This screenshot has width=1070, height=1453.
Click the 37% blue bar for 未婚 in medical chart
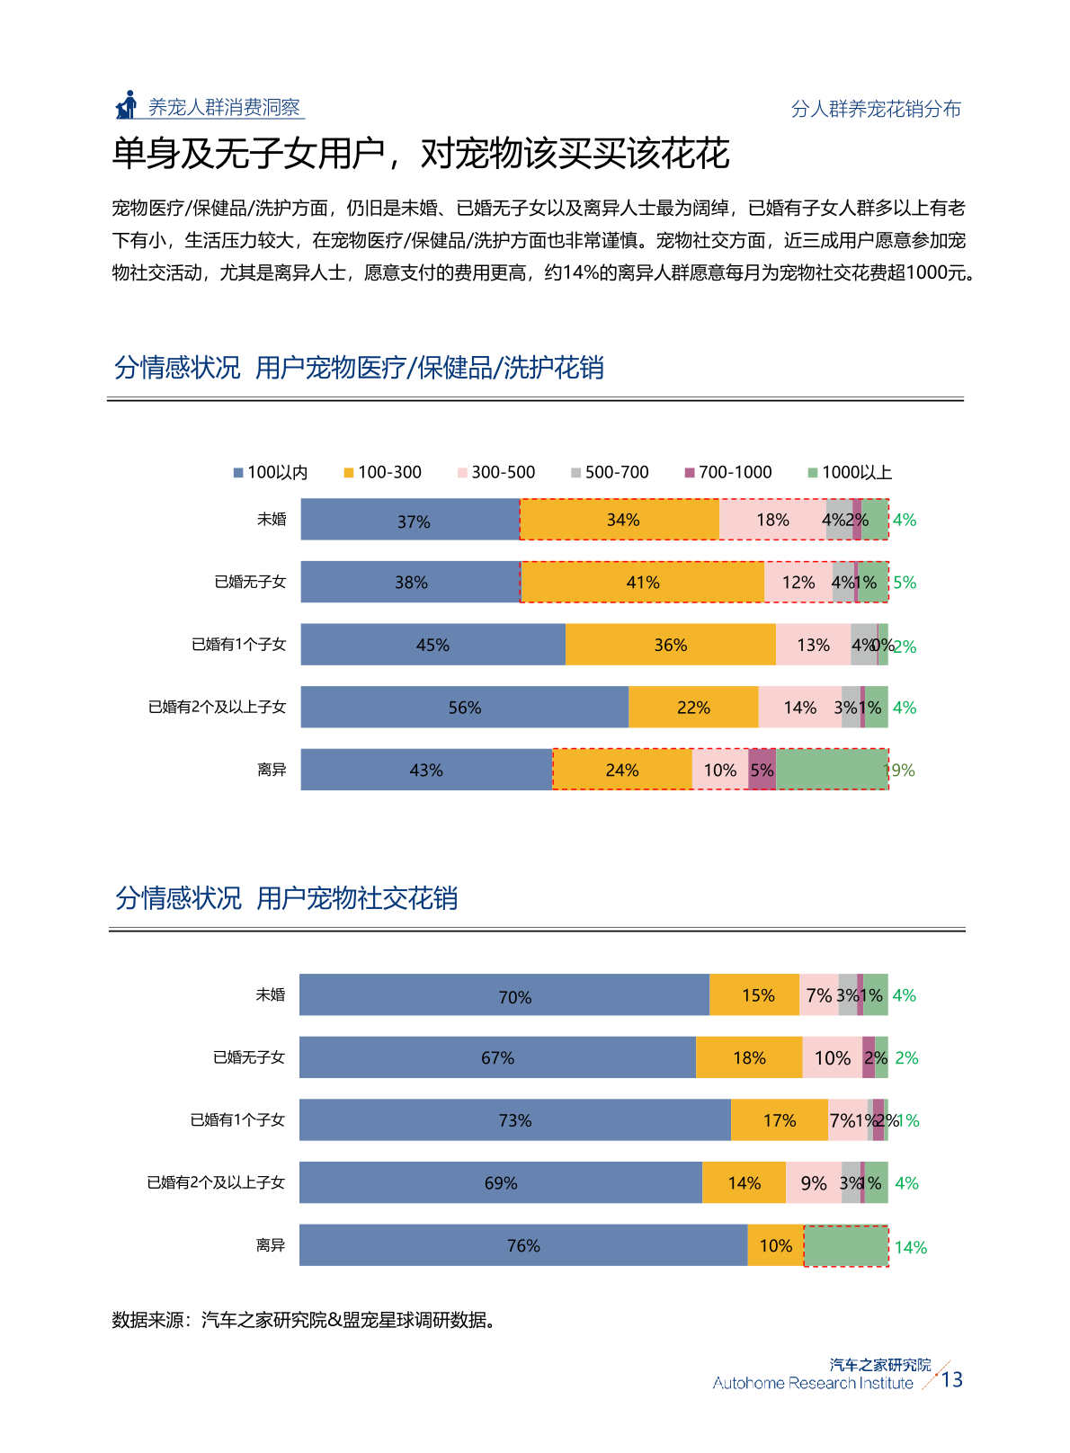click(411, 520)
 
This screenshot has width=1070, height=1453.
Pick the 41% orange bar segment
click(642, 583)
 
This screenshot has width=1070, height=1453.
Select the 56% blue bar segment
click(464, 708)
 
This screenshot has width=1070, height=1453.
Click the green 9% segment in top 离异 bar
click(832, 770)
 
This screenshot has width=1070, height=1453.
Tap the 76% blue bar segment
click(522, 1245)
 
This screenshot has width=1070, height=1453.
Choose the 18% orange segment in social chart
click(748, 1057)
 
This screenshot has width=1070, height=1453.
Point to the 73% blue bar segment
click(514, 1120)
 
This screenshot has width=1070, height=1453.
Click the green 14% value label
click(910, 1247)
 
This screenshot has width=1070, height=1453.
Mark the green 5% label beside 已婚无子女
click(905, 583)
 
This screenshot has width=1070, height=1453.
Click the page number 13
click(951, 1380)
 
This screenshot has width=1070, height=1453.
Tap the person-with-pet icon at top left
click(127, 105)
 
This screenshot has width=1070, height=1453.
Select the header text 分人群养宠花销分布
click(875, 109)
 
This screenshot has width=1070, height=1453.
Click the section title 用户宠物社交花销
click(357, 898)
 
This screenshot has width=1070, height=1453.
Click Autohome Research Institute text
click(812, 1384)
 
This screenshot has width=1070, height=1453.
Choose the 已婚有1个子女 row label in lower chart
click(237, 1120)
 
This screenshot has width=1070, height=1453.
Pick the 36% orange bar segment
click(670, 645)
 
